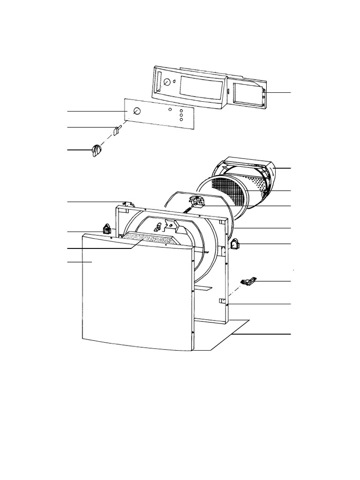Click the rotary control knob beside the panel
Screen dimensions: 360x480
tap(97, 150)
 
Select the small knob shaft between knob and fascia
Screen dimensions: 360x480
tap(118, 129)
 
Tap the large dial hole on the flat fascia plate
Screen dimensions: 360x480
tap(137, 111)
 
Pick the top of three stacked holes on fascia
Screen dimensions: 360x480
tap(181, 111)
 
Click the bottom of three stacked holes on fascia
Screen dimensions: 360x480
tap(181, 120)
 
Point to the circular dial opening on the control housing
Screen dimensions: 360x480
tap(166, 82)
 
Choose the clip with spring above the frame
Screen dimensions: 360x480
tap(196, 202)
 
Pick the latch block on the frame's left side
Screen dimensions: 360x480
tap(106, 229)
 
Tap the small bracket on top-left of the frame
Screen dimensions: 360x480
tap(127, 204)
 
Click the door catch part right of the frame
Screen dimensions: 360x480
tap(248, 281)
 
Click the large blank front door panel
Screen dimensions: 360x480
tap(136, 291)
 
